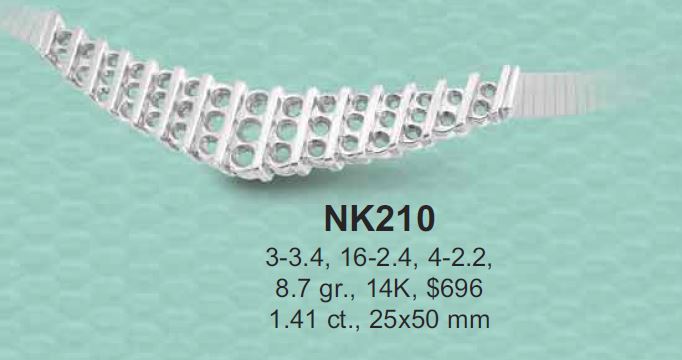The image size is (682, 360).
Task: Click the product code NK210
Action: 379,220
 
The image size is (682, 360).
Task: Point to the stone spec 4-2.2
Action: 462,259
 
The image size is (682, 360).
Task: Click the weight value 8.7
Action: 291,288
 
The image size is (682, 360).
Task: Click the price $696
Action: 455,288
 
